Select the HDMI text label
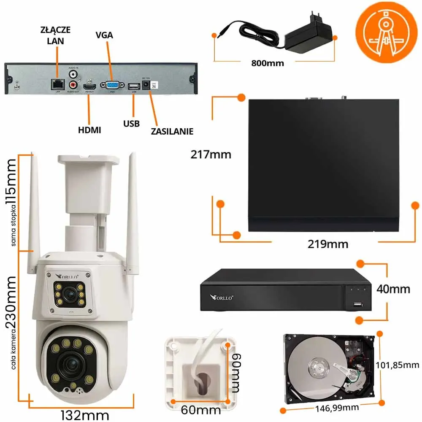(89, 130)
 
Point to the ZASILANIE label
(172, 131)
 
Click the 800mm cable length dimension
(268, 63)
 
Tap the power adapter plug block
(309, 39)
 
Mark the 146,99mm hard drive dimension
(337, 408)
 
